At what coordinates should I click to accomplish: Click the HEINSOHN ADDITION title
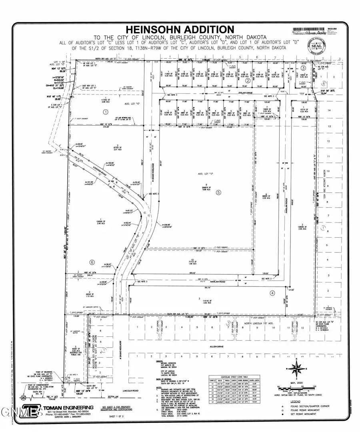pos(180,29)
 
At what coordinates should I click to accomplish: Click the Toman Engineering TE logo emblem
pos(31,410)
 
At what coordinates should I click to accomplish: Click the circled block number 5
pos(218,192)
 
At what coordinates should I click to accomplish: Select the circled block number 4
pos(272,292)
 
